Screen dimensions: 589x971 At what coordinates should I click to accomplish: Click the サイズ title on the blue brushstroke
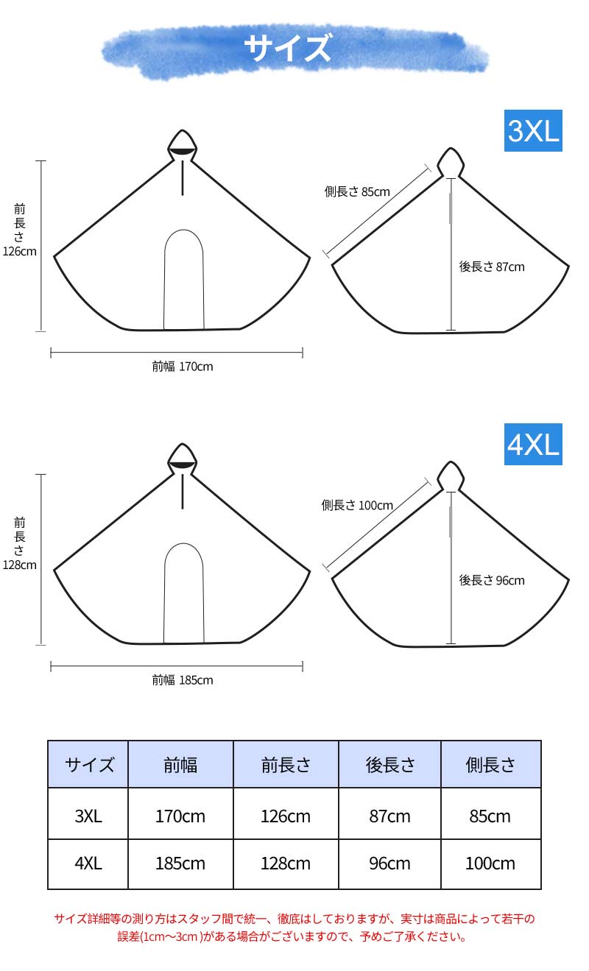[287, 47]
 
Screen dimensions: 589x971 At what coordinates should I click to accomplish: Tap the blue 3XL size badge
[533, 130]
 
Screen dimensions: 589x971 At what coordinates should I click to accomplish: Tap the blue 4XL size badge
[533, 445]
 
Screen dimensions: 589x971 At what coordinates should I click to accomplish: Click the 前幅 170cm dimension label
[183, 367]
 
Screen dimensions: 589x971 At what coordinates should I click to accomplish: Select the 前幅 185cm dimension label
[183, 680]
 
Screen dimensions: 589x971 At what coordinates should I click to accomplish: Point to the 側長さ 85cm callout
[357, 191]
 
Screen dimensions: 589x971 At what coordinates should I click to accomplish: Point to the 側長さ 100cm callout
[357, 505]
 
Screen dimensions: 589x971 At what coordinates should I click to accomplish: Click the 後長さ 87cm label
[492, 266]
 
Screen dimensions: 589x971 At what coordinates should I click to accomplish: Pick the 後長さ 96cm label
[492, 580]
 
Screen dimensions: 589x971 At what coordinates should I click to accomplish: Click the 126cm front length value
[19, 252]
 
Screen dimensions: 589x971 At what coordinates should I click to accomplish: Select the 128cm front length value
[19, 565]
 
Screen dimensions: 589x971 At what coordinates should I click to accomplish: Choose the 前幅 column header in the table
[180, 765]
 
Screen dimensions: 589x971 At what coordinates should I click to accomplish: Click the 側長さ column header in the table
[490, 765]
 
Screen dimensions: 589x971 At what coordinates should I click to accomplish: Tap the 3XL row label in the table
[88, 816]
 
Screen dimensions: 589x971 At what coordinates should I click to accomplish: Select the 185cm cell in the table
[180, 864]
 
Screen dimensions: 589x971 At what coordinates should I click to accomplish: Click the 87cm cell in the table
[389, 816]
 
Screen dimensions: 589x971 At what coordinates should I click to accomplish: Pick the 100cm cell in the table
[490, 864]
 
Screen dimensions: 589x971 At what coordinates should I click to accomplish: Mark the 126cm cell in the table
[286, 816]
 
